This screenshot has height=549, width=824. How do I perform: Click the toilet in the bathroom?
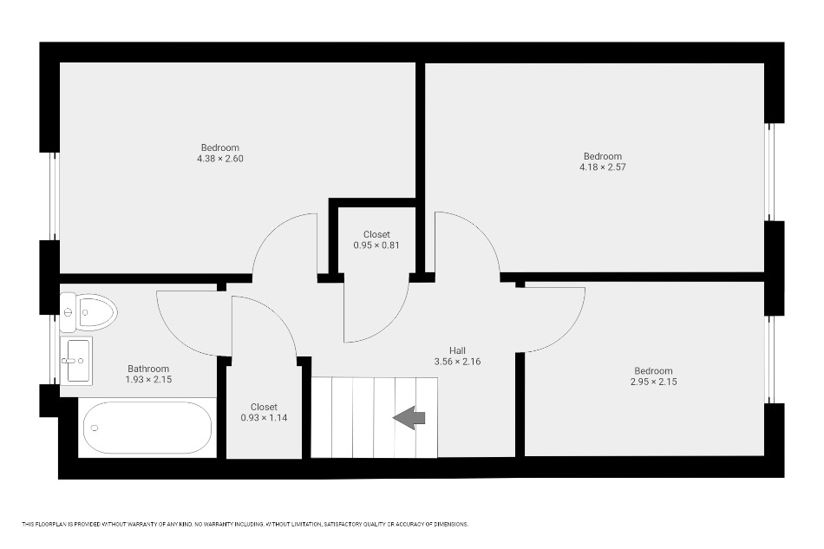pyautogui.click(x=88, y=312)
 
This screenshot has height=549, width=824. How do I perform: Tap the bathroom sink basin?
pyautogui.click(x=76, y=361)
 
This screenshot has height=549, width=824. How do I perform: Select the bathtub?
pyautogui.click(x=147, y=428)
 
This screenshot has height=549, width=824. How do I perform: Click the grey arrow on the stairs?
pyautogui.click(x=409, y=418)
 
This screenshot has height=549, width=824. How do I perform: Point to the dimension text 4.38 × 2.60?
pyautogui.click(x=220, y=159)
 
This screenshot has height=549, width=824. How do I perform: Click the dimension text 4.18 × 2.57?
pyautogui.click(x=603, y=167)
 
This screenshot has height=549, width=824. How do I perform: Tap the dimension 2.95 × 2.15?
pyautogui.click(x=653, y=382)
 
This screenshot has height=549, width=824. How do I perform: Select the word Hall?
pyautogui.click(x=457, y=350)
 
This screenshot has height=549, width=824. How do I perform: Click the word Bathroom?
pyautogui.click(x=148, y=369)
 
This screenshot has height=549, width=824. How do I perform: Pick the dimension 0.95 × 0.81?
pyautogui.click(x=376, y=245)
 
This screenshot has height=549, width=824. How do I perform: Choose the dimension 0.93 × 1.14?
pyautogui.click(x=264, y=418)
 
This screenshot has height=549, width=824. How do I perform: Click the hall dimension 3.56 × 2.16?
pyautogui.click(x=457, y=362)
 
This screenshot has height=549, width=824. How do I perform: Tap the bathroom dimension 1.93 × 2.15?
pyautogui.click(x=148, y=379)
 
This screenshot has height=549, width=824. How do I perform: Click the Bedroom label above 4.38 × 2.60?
pyautogui.click(x=220, y=147)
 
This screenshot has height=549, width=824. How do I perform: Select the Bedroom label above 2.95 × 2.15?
pyautogui.click(x=653, y=371)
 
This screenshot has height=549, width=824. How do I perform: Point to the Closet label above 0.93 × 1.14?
pyautogui.click(x=264, y=407)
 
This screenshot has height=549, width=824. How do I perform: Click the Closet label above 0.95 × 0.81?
pyautogui.click(x=376, y=234)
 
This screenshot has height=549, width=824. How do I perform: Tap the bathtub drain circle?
pyautogui.click(x=95, y=428)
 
